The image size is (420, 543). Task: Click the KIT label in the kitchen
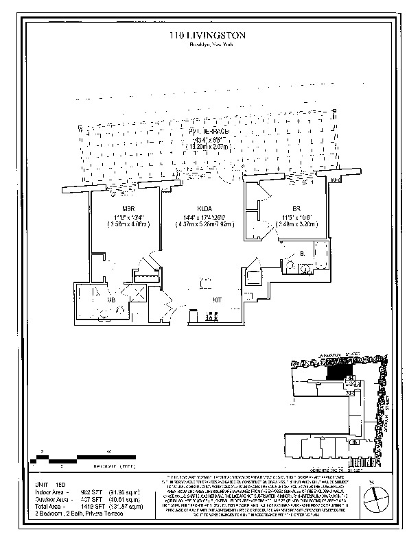point(217,300)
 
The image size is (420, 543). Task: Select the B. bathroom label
point(303,253)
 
